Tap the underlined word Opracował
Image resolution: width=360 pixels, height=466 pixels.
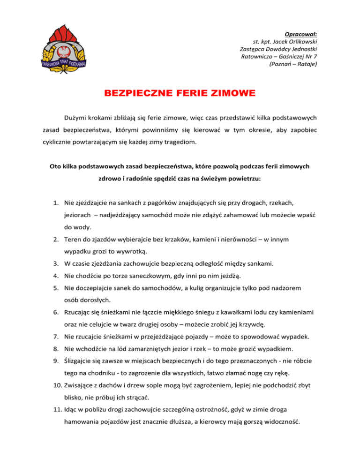301,34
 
